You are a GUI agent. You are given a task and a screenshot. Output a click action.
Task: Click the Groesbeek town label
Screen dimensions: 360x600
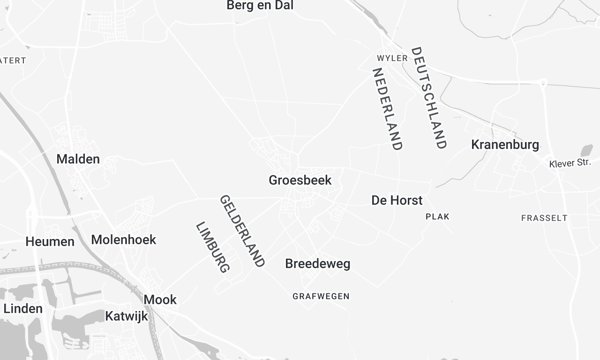click(x=300, y=181)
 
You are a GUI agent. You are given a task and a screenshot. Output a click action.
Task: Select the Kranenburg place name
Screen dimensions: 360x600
click(x=505, y=145)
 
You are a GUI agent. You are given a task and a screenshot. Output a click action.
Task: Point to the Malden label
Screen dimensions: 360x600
click(x=78, y=159)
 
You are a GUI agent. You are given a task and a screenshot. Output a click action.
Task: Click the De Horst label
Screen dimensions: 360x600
click(x=397, y=200)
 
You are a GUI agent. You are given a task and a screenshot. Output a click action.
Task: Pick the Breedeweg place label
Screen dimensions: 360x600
click(x=317, y=264)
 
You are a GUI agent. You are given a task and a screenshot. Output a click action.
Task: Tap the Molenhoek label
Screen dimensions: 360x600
click(x=124, y=240)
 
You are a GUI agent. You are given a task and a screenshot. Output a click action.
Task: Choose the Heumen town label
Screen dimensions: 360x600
click(x=50, y=241)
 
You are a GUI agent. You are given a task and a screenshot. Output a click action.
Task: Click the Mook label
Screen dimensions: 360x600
click(x=160, y=299)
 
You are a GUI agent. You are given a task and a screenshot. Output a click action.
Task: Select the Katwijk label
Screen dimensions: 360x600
click(x=127, y=316)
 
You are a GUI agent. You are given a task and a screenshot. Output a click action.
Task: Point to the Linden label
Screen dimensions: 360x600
click(x=23, y=309)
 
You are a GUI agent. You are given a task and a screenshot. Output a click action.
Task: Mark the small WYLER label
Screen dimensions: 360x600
click(x=392, y=58)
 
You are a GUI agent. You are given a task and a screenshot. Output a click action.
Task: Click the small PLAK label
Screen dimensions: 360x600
click(x=438, y=216)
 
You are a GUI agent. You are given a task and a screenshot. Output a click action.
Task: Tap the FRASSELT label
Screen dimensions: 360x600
click(x=544, y=217)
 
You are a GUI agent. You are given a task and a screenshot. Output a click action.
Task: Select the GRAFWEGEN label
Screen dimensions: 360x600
click(x=321, y=296)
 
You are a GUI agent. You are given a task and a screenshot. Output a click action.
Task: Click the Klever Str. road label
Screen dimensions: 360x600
click(x=571, y=163)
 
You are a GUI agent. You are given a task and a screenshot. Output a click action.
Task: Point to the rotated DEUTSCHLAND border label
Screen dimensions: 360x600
click(x=428, y=98)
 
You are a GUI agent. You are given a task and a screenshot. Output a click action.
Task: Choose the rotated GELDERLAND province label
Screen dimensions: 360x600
click(x=242, y=231)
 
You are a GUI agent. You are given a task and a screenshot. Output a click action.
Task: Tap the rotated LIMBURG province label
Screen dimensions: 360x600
click(x=213, y=248)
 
